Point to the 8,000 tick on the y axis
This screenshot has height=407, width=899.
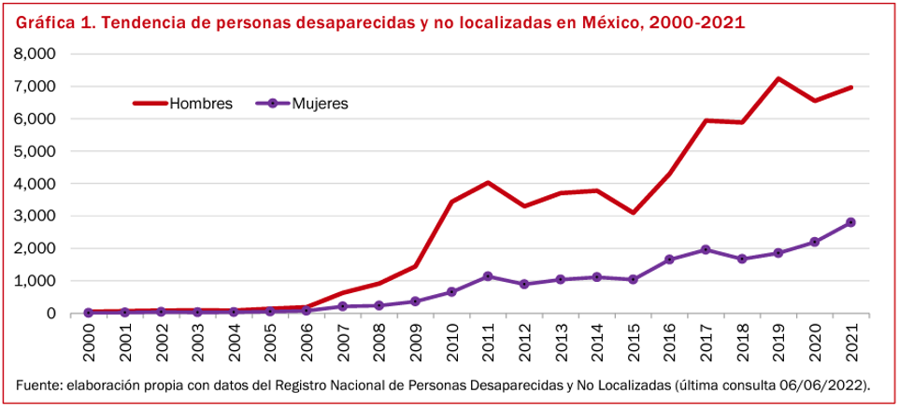click(x=36, y=54)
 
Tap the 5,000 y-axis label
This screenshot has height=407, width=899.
click(x=36, y=151)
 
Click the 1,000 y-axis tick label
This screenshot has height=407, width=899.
click(x=36, y=281)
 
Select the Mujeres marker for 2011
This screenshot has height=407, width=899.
click(x=488, y=276)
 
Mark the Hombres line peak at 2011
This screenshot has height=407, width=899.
click(x=488, y=183)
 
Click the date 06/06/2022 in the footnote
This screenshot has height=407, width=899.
click(x=827, y=385)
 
